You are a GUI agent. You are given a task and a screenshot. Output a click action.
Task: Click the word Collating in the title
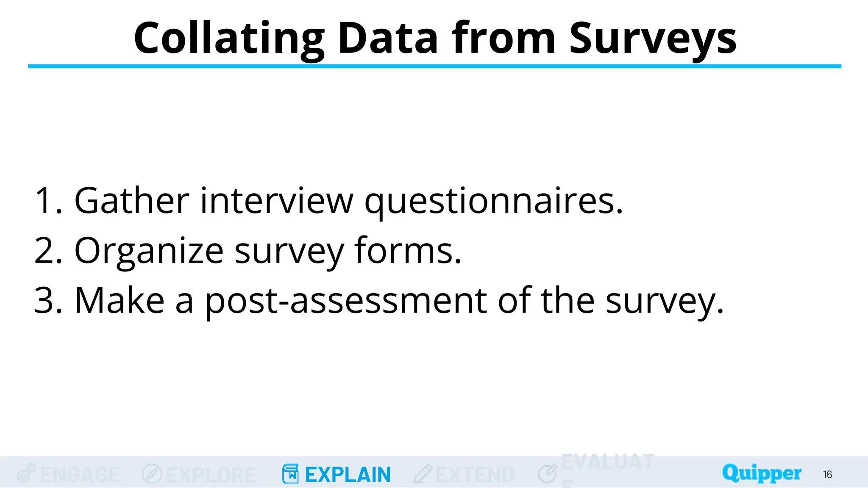click(229, 39)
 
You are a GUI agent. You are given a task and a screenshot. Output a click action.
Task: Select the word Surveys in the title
click(653, 39)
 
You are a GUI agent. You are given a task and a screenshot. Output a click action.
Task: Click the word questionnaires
click(494, 201)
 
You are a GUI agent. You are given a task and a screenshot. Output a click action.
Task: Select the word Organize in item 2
click(149, 251)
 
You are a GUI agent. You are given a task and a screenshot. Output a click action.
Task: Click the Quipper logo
click(762, 473)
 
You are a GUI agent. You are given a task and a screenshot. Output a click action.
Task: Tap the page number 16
click(827, 474)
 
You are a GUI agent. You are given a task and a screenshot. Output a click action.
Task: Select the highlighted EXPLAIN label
click(348, 474)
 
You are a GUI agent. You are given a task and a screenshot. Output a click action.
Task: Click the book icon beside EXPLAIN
click(290, 474)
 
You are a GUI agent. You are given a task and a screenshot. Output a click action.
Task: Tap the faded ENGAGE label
click(80, 474)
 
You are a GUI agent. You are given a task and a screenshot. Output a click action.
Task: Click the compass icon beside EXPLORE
click(152, 474)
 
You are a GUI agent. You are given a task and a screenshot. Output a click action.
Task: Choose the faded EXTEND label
click(475, 474)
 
